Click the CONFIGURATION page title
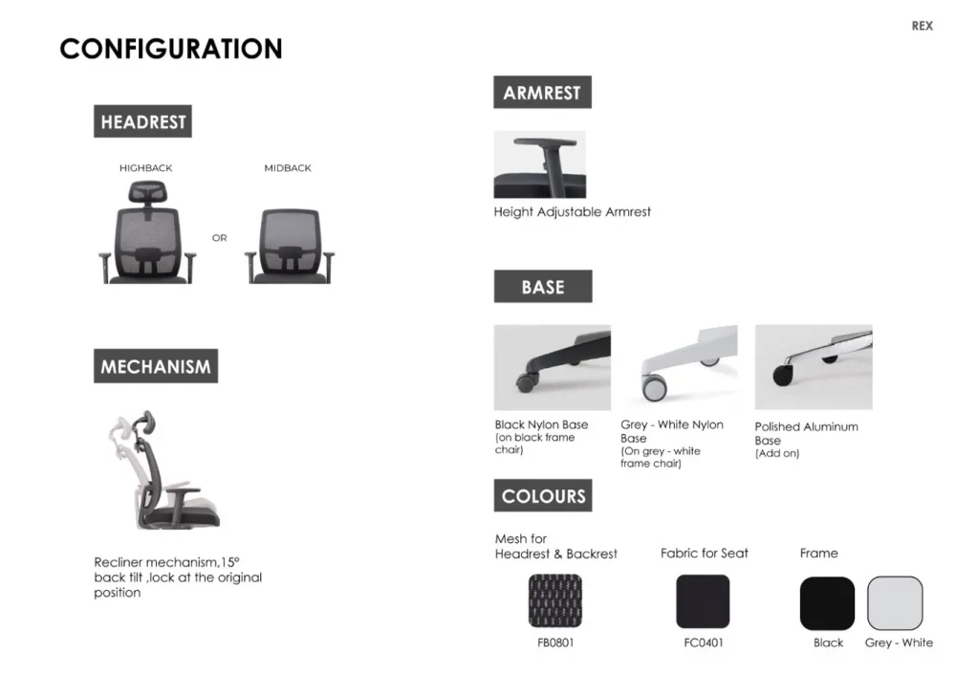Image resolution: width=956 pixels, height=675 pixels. pyautogui.click(x=171, y=49)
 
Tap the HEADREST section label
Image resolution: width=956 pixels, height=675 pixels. pyautogui.click(x=142, y=121)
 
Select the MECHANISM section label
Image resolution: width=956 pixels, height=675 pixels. pyautogui.click(x=156, y=366)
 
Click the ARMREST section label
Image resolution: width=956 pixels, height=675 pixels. pyautogui.click(x=542, y=92)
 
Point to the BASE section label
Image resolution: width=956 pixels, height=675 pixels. pyautogui.click(x=543, y=287)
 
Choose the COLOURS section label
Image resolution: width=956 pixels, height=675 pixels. pyautogui.click(x=543, y=495)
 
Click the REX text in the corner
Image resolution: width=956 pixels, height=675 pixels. pyautogui.click(x=922, y=26)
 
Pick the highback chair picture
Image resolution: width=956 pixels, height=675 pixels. pyautogui.click(x=147, y=233)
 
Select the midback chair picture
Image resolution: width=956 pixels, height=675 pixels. pyautogui.click(x=290, y=246)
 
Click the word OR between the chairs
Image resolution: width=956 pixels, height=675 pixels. pyautogui.click(x=220, y=238)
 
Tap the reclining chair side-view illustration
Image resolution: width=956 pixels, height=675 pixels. pyautogui.click(x=164, y=468)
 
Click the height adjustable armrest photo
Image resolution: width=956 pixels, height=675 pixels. pyautogui.click(x=539, y=164)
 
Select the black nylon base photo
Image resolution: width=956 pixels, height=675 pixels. pyautogui.click(x=553, y=367)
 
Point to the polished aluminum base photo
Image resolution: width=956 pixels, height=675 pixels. pyautogui.click(x=814, y=367)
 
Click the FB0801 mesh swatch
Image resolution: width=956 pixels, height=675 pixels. pyautogui.click(x=555, y=600)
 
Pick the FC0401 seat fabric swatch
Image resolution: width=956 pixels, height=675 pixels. pyautogui.click(x=703, y=601)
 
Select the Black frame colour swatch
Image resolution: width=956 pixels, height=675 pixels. pyautogui.click(x=827, y=603)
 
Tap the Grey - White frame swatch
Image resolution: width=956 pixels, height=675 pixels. pyautogui.click(x=895, y=603)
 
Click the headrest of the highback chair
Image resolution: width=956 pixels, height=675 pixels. pyautogui.click(x=148, y=193)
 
